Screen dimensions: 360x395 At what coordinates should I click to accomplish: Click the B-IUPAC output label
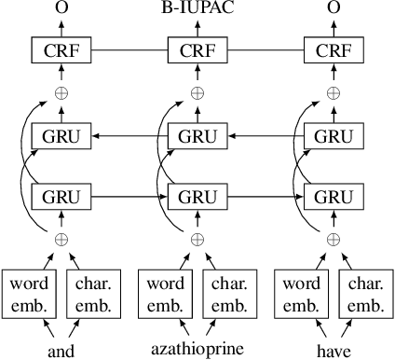coord(197,8)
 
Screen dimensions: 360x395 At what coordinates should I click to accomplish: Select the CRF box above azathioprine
coord(197,49)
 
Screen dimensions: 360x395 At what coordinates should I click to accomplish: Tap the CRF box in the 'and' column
coord(61,49)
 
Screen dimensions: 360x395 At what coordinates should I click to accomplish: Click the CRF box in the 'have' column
coord(334,49)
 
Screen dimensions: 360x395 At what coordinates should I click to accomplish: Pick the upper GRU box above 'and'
coord(61,136)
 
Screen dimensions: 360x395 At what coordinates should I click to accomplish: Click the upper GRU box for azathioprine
coord(197,136)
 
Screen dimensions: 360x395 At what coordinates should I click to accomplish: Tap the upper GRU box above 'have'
coord(334,136)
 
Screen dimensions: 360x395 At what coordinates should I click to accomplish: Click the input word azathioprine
coord(197,349)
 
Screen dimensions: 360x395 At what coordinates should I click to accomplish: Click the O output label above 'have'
coord(334,8)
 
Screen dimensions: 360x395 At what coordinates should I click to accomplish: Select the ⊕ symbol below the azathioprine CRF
coord(197,94)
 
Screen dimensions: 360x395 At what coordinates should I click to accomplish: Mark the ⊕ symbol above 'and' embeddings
coord(61,240)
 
